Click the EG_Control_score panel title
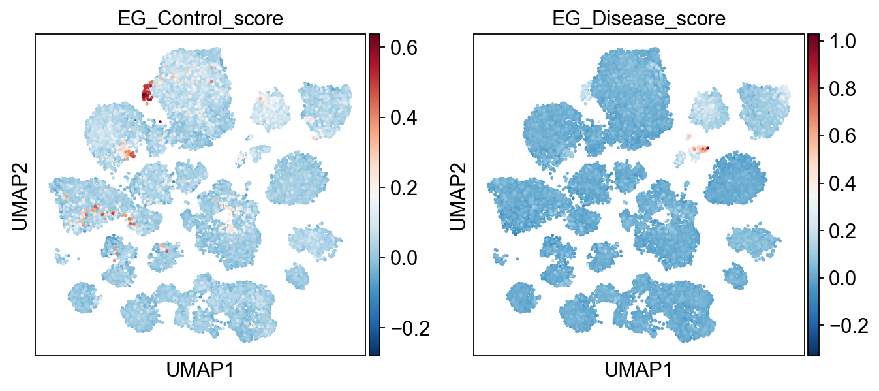pos(200,19)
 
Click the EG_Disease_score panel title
pos(638,19)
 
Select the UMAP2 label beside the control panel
pos(19,195)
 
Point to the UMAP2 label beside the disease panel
pos(457,195)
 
